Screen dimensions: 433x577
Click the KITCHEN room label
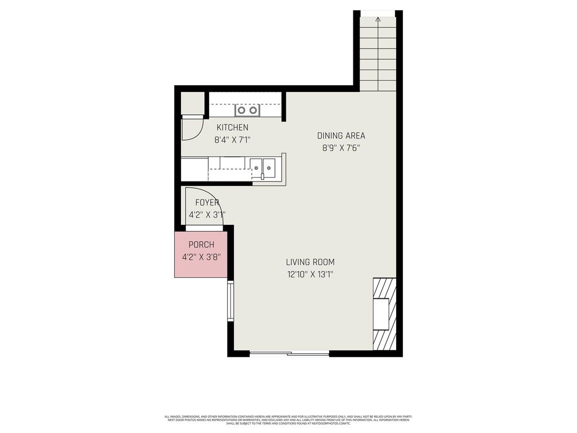pyautogui.click(x=232, y=128)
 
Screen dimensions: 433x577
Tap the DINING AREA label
pyautogui.click(x=341, y=136)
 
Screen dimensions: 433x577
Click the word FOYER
pyautogui.click(x=207, y=203)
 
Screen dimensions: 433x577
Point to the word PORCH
pyautogui.click(x=201, y=245)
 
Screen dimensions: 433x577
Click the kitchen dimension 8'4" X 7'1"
pyautogui.click(x=232, y=140)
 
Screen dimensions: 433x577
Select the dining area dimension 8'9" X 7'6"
pyautogui.click(x=341, y=148)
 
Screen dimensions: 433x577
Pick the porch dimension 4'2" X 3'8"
pyautogui.click(x=201, y=257)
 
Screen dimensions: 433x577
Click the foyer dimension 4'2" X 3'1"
pyautogui.click(x=207, y=215)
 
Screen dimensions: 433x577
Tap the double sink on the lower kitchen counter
pyautogui.click(x=263, y=166)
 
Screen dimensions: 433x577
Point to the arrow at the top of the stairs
pyautogui.click(x=378, y=19)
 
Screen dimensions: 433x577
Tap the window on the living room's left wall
pyautogui.click(x=230, y=301)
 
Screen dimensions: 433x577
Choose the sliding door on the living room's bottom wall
pyautogui.click(x=289, y=354)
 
